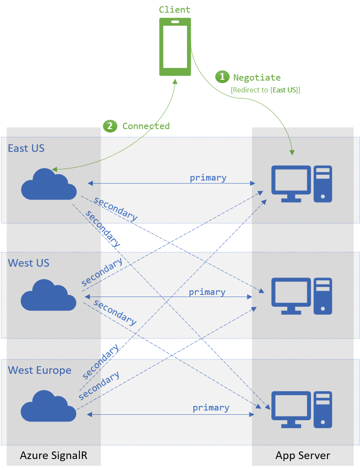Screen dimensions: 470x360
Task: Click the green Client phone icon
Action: (175, 47)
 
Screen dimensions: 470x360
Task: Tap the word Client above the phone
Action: (175, 9)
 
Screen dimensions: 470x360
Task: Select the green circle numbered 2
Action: (110, 126)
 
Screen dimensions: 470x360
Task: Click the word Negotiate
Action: (257, 77)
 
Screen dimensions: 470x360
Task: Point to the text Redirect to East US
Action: (265, 90)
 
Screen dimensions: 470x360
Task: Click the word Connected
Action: (146, 126)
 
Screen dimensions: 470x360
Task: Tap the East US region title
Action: (26, 148)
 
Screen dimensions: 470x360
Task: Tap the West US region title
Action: (28, 263)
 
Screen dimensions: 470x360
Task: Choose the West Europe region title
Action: (39, 370)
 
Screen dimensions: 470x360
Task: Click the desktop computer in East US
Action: (301, 184)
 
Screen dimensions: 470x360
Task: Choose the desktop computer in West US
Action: (301, 296)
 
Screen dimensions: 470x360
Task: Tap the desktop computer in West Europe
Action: (301, 410)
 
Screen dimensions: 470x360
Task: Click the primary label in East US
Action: (208, 178)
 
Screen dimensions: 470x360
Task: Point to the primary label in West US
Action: (207, 292)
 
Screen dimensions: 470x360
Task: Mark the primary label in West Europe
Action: (211, 408)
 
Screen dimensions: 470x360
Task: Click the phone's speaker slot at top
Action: (175, 22)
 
